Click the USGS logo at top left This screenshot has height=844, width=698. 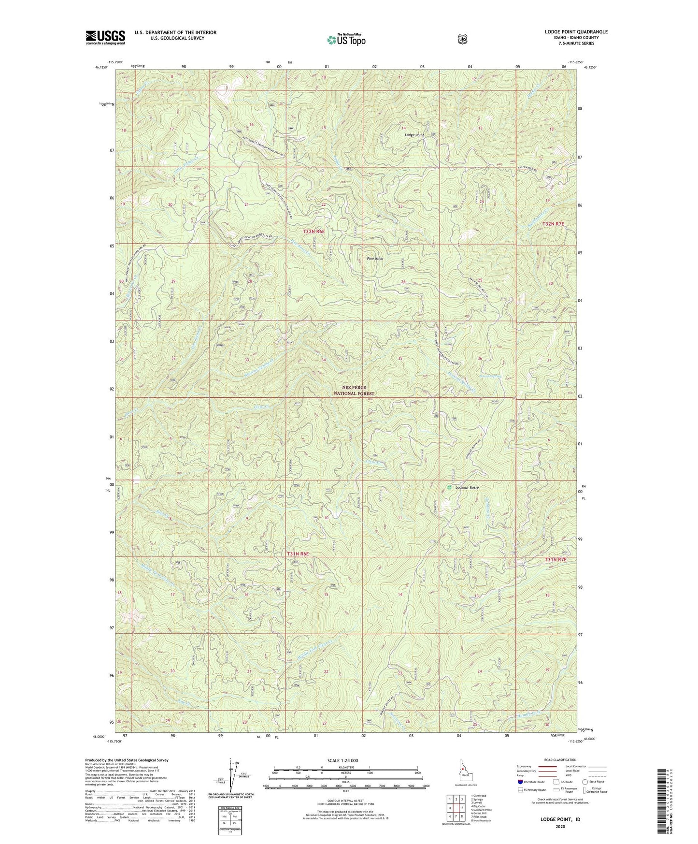pos(105,37)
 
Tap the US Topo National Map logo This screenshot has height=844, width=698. pos(346,39)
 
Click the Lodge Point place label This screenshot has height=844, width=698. pos(414,135)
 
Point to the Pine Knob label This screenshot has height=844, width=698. pos(375,259)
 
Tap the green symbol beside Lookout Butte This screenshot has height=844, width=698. pos(449,487)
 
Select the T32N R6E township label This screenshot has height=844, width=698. pos(313,232)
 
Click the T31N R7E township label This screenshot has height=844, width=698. pos(552,559)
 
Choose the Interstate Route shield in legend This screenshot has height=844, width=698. pos(520,782)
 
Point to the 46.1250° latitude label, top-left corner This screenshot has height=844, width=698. pos(100,68)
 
